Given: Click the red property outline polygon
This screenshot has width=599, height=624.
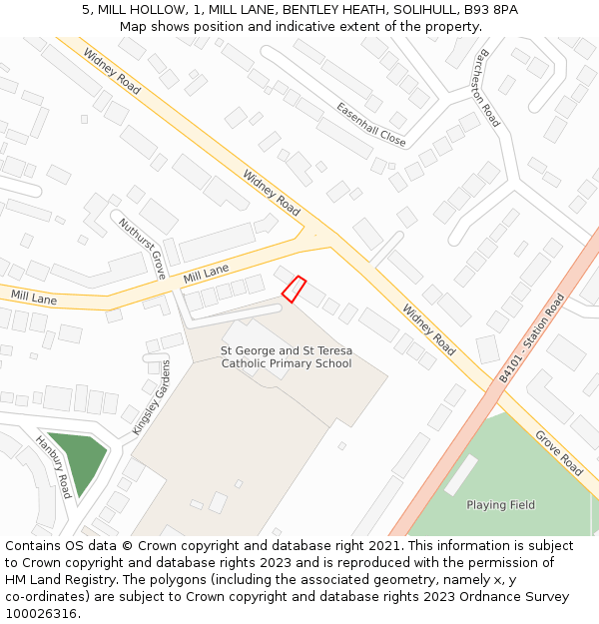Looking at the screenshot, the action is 293,289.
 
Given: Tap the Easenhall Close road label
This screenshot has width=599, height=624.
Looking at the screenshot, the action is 371,125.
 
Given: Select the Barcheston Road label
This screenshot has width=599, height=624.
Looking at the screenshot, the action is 489,88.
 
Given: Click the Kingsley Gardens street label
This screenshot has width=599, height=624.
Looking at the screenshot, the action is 153,397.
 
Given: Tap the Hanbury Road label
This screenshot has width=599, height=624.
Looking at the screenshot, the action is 53,466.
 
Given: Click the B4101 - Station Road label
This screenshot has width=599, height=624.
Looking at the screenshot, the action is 532,338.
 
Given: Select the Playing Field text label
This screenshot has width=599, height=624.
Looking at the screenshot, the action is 500,505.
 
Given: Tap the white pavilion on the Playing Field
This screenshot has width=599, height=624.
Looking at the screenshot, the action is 460,475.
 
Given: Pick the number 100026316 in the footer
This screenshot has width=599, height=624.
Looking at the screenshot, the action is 40,613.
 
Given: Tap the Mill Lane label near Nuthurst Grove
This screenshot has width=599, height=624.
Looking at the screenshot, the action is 206,272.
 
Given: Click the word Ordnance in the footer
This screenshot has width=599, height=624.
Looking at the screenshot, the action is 479,596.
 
